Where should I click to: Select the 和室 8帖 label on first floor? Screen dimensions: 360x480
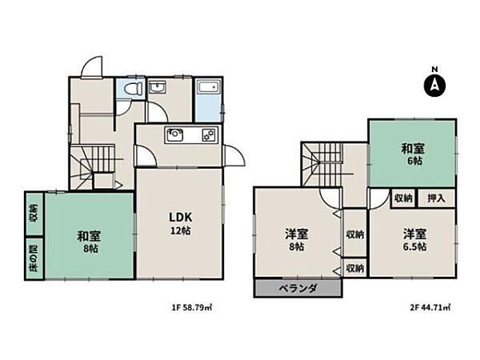click(x=89, y=242)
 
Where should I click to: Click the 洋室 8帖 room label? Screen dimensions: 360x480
click(x=296, y=240)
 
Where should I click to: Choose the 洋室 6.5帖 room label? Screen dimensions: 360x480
click(x=414, y=239)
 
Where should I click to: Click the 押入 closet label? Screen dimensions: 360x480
click(x=437, y=198)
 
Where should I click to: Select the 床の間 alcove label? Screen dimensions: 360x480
click(x=34, y=258)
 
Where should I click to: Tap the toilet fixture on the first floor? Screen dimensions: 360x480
click(x=131, y=89)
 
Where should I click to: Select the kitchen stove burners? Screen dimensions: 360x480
click(x=208, y=135)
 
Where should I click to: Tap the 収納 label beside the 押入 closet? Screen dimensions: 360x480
click(x=403, y=198)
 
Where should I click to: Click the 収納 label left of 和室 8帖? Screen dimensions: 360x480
click(x=34, y=214)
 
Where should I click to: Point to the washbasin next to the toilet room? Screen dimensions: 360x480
click(x=158, y=87)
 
